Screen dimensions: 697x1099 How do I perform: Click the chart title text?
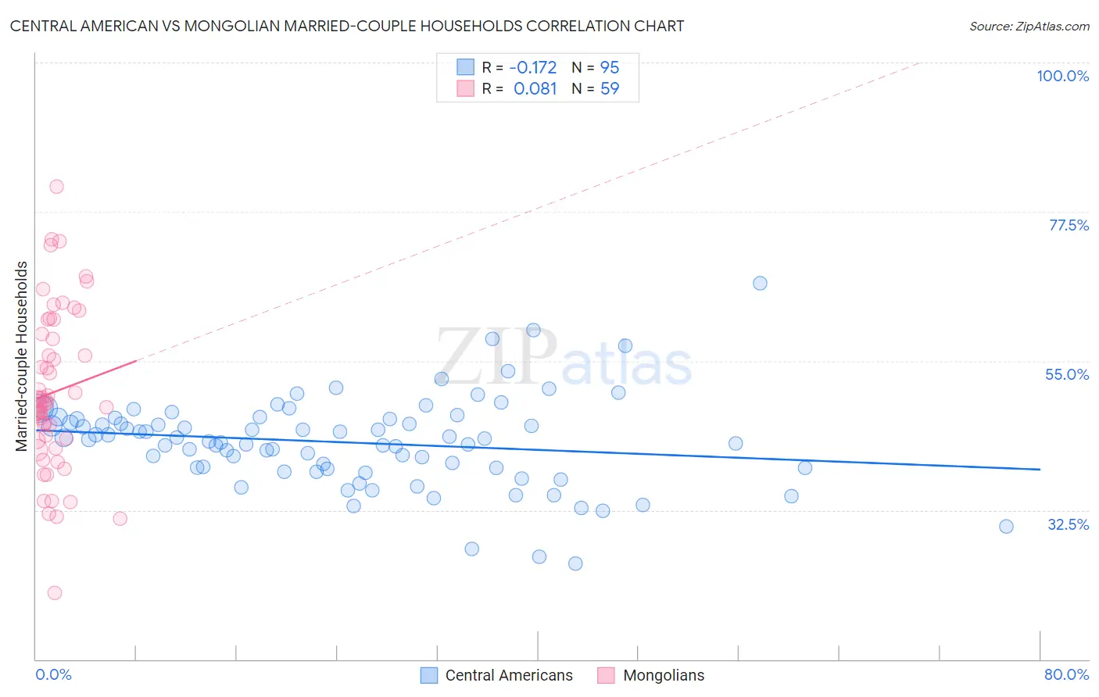[347, 27]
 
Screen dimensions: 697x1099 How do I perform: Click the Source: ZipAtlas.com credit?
[1029, 27]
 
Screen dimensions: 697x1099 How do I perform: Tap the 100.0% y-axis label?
[1062, 76]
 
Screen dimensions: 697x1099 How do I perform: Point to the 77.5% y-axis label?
[1069, 225]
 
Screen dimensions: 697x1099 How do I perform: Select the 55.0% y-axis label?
[1067, 374]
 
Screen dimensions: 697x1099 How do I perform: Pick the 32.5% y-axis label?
[1068, 524]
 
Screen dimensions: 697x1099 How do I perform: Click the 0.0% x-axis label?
[53, 674]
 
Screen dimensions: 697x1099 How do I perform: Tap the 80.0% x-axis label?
[1066, 674]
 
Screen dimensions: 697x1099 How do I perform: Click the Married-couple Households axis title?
[22, 356]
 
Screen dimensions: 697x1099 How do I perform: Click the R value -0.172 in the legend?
[533, 68]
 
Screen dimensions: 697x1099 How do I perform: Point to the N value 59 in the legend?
[610, 89]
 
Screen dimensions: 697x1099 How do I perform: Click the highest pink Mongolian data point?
[56, 187]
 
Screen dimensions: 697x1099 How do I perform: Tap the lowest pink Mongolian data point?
[55, 593]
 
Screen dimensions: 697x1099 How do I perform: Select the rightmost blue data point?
[1006, 527]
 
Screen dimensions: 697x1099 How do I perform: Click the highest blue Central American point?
[760, 284]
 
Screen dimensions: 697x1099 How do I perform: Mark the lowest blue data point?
[575, 563]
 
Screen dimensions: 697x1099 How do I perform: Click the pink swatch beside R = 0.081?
[466, 89]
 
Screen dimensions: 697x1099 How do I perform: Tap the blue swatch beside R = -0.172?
[466, 68]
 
